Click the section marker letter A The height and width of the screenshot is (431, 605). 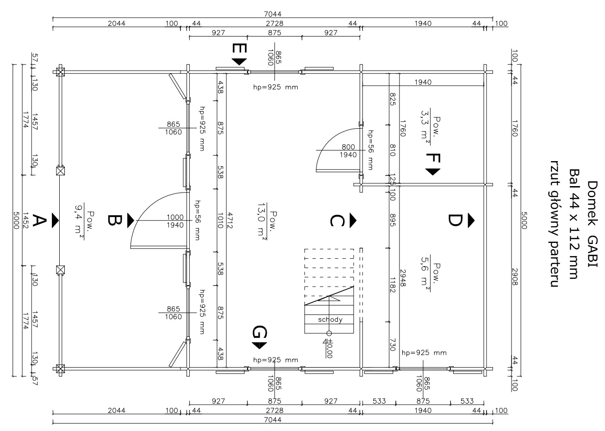pyautogui.click(x=39, y=220)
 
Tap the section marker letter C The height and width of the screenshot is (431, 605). pyautogui.click(x=337, y=220)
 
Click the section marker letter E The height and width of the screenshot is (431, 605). pyautogui.click(x=239, y=48)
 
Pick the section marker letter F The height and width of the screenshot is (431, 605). pyautogui.click(x=433, y=158)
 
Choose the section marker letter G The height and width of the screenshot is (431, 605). pyautogui.click(x=260, y=332)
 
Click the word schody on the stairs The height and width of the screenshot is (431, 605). pyautogui.click(x=330, y=320)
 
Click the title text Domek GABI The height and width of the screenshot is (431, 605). pyautogui.click(x=593, y=224)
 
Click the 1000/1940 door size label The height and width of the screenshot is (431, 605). pyautogui.click(x=175, y=221)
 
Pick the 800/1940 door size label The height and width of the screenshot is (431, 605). pyautogui.click(x=348, y=151)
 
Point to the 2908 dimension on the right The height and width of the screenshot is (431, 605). pyautogui.click(x=515, y=277)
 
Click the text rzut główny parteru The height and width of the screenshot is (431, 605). pyautogui.click(x=555, y=224)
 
